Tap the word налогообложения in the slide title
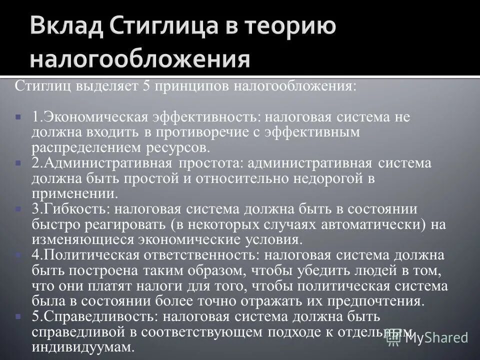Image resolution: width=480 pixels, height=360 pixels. point(139,59)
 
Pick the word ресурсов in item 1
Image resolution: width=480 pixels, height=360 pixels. point(173,148)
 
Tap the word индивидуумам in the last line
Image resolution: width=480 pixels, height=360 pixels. point(83,347)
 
